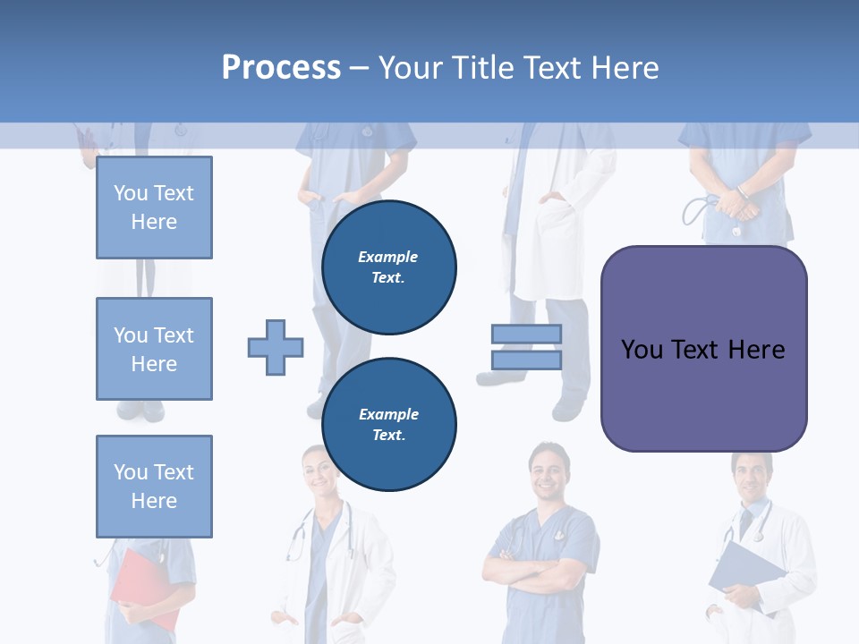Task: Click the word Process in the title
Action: [281, 67]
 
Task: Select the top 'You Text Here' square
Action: [154, 208]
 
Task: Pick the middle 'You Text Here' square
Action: [154, 349]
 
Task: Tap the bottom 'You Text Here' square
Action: [154, 487]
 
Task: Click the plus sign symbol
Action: [276, 347]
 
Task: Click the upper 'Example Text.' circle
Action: [389, 267]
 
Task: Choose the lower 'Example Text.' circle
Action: [389, 424]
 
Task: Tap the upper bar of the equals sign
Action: [526, 334]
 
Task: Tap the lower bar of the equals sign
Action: [526, 360]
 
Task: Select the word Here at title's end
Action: [625, 67]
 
